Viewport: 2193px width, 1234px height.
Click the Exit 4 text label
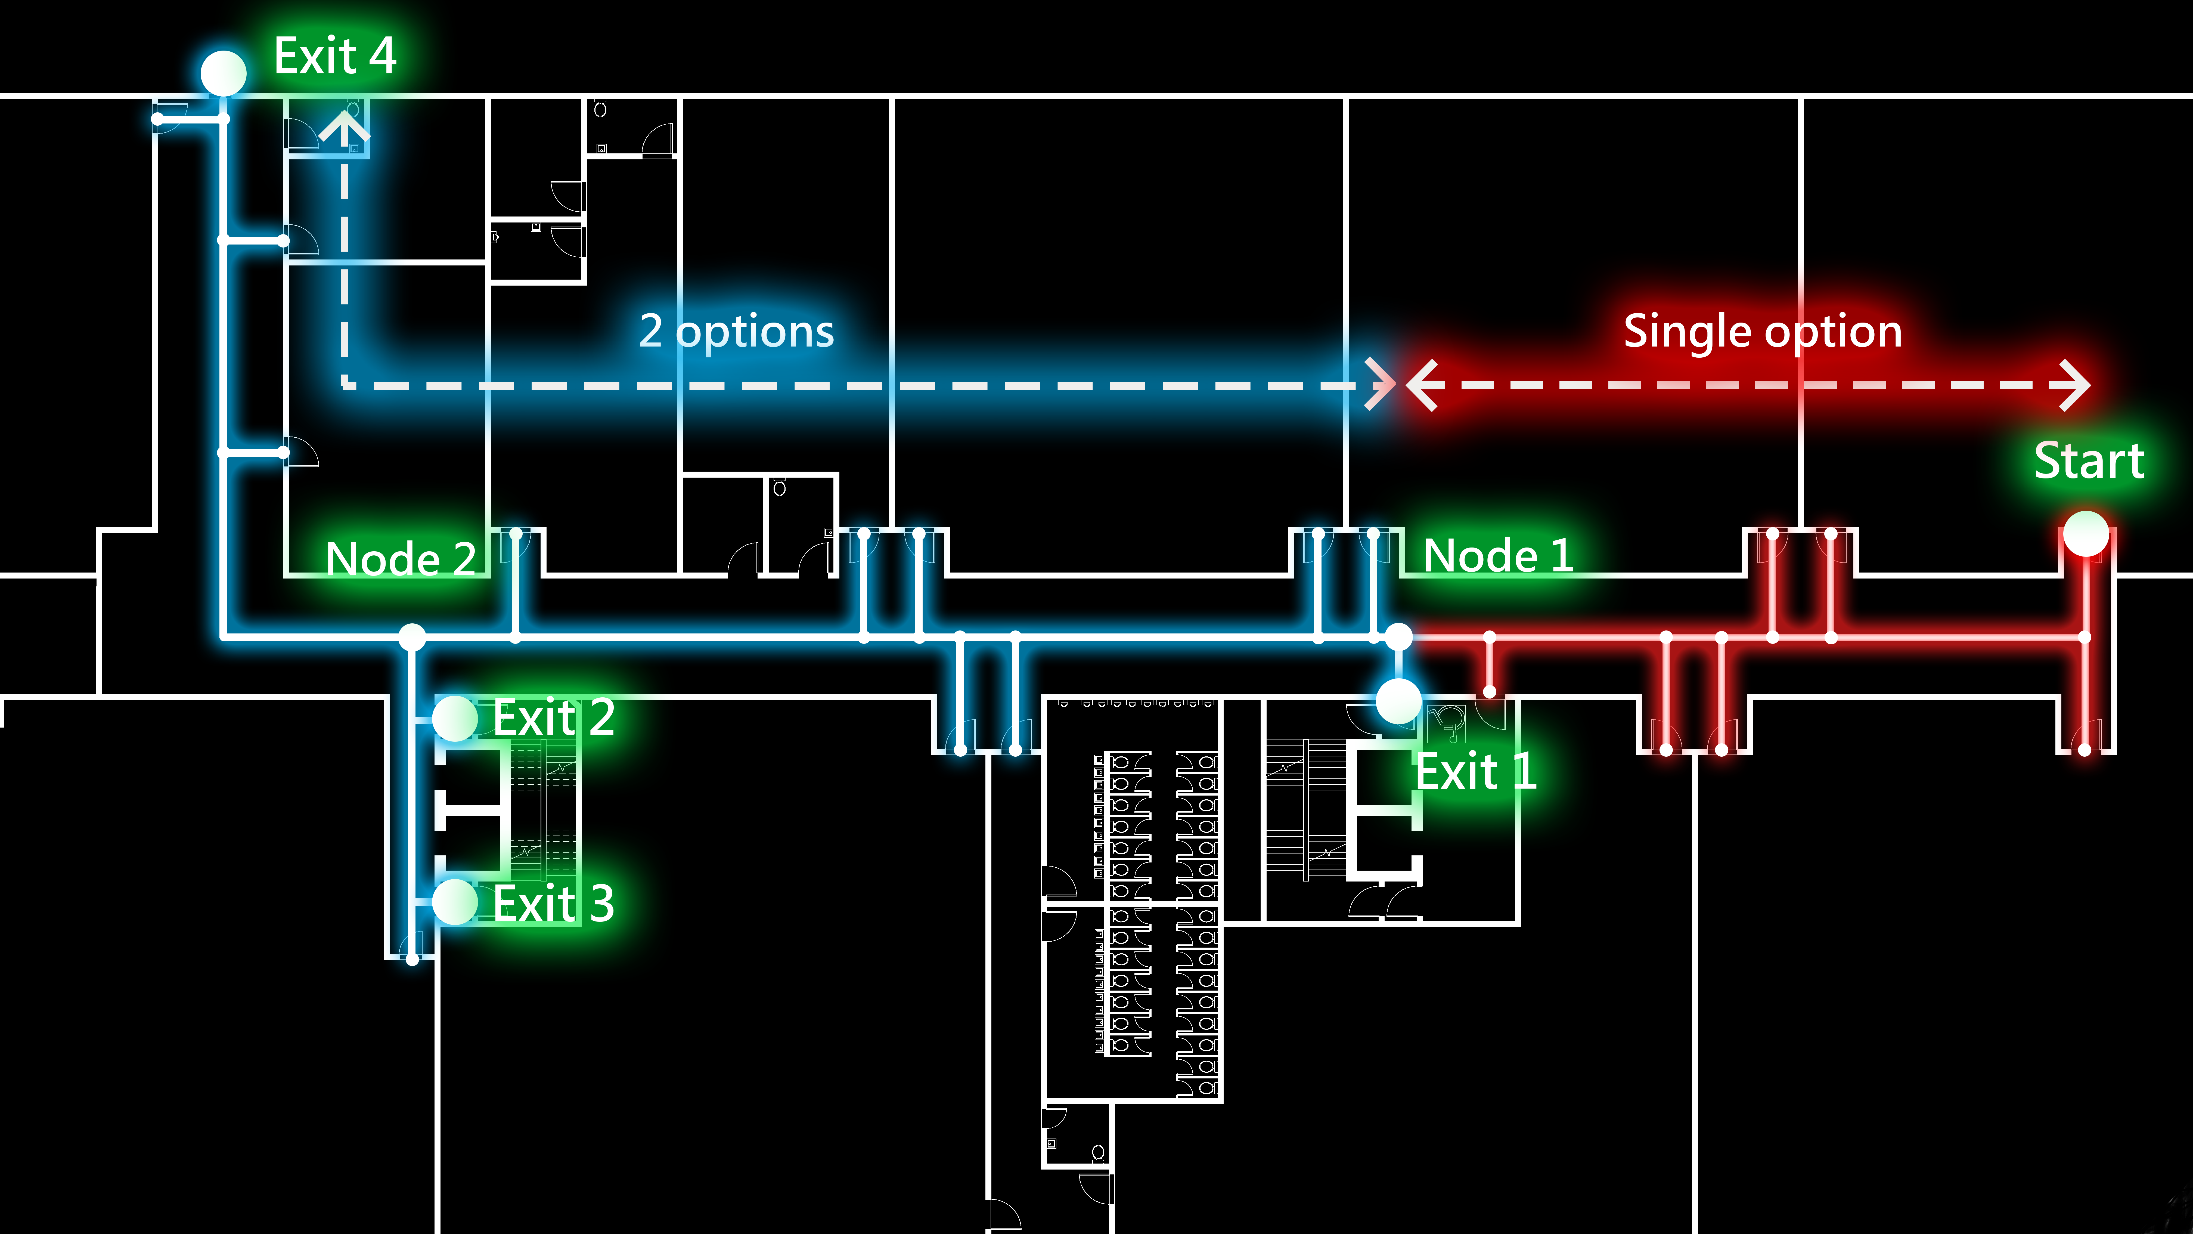click(x=334, y=56)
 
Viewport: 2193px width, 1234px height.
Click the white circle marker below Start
click(x=2085, y=534)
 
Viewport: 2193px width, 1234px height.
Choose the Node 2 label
click(x=400, y=559)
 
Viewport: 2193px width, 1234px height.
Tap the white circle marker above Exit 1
click(x=1398, y=700)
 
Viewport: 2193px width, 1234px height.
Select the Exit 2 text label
click(x=553, y=717)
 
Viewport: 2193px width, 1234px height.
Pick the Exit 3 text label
click(x=553, y=903)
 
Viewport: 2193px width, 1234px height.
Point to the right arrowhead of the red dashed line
click(x=2077, y=385)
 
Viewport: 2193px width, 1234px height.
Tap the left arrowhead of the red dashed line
click(x=1420, y=385)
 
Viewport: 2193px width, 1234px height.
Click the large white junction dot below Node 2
click(x=412, y=636)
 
